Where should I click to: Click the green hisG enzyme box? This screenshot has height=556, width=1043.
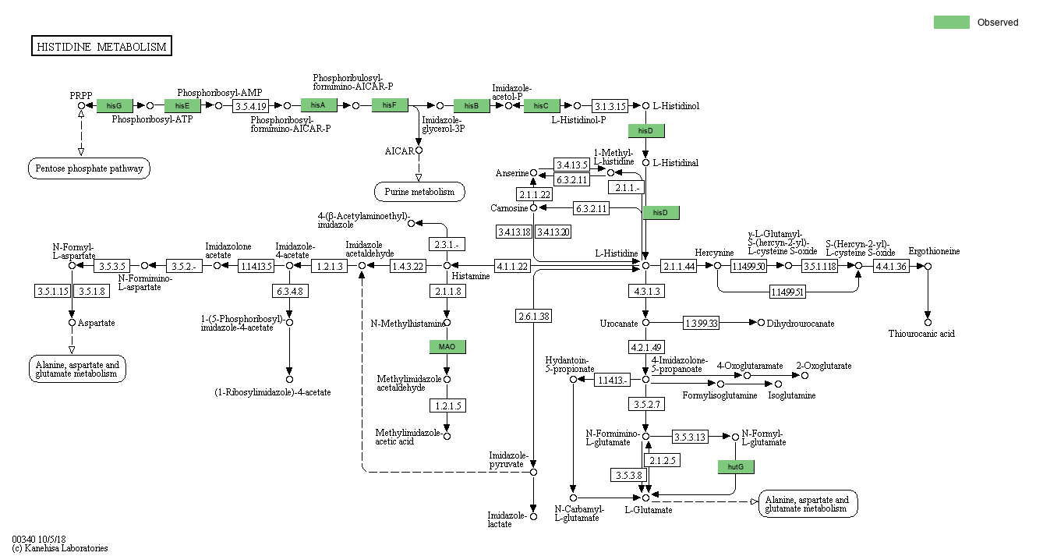point(115,105)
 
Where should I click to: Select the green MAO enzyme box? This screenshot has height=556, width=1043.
point(447,346)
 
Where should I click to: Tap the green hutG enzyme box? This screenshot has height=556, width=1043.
point(736,467)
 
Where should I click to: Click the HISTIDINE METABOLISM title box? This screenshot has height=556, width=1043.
point(101,47)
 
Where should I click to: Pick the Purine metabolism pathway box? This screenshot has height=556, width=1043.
point(419,191)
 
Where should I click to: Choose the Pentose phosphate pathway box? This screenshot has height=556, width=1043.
point(90,168)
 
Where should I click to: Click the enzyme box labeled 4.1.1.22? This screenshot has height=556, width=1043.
point(512,267)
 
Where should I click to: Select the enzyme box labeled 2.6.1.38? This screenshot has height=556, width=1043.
point(533,316)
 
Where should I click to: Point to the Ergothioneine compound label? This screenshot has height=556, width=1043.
point(934,251)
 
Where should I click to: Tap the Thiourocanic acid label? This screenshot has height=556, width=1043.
point(921,334)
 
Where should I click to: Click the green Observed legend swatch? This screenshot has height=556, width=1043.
point(951,23)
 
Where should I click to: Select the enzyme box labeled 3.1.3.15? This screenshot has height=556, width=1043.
point(610,106)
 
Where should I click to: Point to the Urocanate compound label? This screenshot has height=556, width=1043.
point(619,323)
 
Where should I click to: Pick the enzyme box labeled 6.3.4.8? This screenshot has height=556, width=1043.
point(289,292)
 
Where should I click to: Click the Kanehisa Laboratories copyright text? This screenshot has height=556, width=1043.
point(60,548)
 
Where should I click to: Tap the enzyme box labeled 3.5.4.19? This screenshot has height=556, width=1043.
point(251,106)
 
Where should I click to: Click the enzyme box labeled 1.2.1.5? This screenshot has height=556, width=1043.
point(447,405)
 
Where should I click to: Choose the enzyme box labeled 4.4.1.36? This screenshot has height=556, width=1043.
point(891,267)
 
